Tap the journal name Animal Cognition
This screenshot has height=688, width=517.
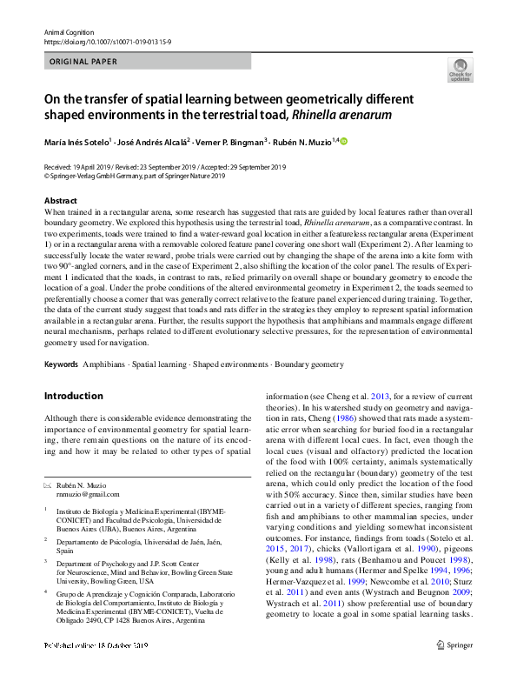point(67,31)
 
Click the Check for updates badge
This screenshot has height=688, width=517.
point(460,70)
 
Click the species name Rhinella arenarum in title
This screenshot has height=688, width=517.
point(343,114)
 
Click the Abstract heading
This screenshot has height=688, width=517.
point(61,200)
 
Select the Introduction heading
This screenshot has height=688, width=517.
point(73,396)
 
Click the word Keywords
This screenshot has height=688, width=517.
point(61,364)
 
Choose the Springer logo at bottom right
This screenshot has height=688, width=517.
point(454,669)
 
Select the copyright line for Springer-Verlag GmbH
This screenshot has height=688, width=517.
point(134,175)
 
